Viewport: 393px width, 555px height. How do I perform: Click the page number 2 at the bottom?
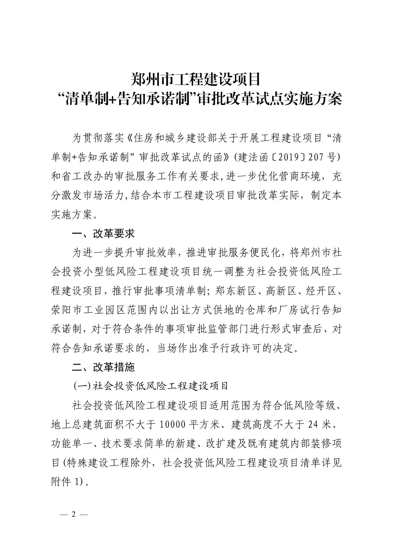point(74,514)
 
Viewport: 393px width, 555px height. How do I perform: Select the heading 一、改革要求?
point(103,234)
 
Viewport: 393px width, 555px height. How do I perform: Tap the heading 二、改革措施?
point(103,367)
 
